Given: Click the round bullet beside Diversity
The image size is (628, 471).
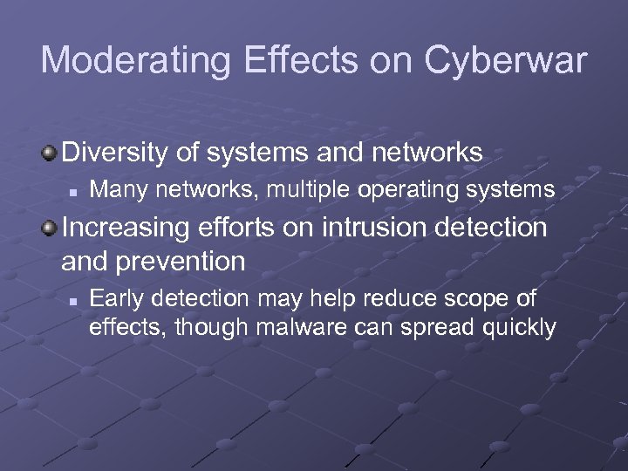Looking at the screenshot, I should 50,154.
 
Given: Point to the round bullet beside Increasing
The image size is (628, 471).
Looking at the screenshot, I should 50,228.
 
